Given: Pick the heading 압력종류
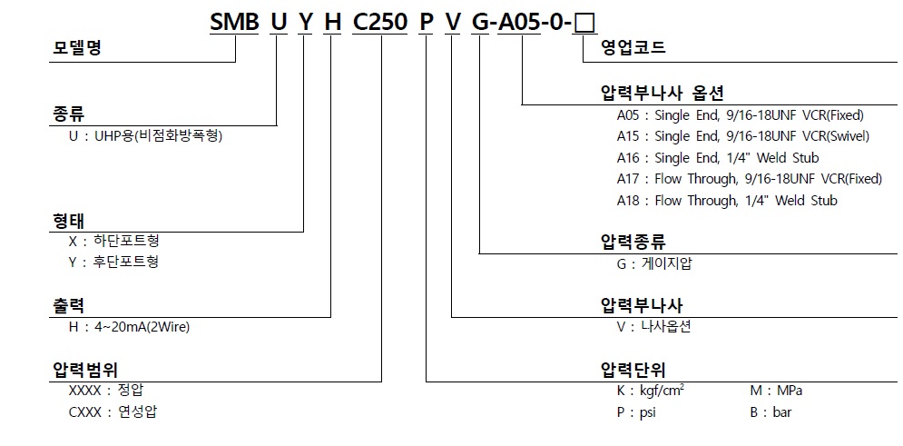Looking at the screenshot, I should (633, 242).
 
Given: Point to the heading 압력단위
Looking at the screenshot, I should (633, 371).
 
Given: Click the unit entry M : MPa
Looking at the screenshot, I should (776, 391).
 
